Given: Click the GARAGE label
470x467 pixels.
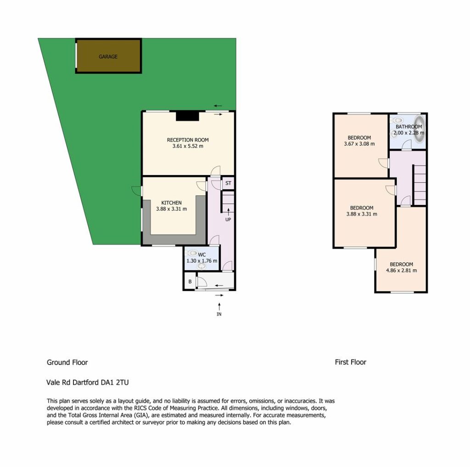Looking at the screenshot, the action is (x=108, y=57).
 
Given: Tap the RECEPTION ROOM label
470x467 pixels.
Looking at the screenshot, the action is (x=188, y=140).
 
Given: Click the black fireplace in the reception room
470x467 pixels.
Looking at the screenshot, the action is (x=187, y=116).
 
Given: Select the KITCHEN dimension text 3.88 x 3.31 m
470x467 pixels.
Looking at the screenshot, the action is (x=172, y=209).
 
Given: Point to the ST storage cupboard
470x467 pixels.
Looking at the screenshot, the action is (x=228, y=183).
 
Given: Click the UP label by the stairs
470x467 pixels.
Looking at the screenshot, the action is (x=228, y=219).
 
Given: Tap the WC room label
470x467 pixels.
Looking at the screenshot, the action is (x=202, y=255).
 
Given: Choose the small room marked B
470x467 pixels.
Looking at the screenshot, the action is (x=190, y=281).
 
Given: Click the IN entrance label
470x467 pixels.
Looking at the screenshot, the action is (x=219, y=314).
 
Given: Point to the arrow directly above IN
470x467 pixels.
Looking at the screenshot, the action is (x=219, y=307).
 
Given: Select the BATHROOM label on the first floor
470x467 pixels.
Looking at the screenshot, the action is (x=408, y=127).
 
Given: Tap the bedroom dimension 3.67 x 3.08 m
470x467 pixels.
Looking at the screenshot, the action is (x=359, y=144).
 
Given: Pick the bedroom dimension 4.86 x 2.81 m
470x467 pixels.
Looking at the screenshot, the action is (x=401, y=270).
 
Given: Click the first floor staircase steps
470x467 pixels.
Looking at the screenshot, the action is (x=420, y=185).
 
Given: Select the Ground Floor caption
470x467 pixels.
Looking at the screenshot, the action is (x=67, y=363).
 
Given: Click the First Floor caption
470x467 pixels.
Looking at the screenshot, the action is (x=350, y=362).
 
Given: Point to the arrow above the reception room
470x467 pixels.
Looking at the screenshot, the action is (x=218, y=106).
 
